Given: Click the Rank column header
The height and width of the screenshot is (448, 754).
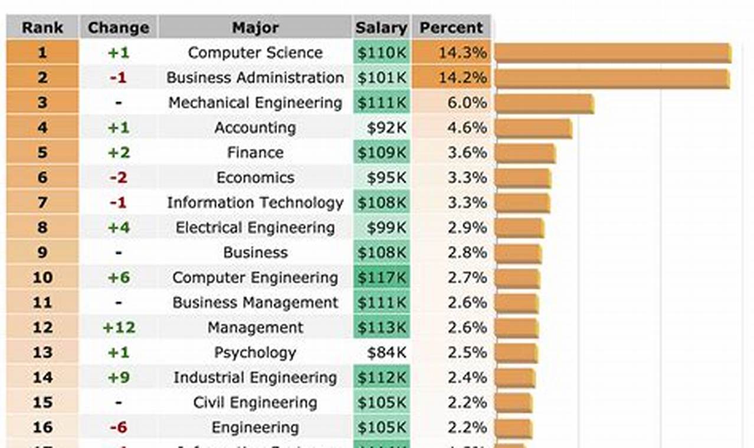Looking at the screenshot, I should point(42,28).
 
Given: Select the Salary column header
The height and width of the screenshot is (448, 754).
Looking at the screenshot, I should point(381,28).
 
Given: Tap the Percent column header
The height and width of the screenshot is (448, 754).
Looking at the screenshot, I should point(451,28).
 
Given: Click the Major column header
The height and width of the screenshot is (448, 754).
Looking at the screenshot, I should point(255,28).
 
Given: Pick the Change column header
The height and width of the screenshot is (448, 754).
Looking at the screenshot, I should point(118,28).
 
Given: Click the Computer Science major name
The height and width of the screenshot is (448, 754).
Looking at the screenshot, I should point(255,52).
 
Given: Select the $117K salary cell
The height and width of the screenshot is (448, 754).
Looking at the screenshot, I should point(382,278).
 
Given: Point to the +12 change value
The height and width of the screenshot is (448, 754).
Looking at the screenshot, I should point(119,328).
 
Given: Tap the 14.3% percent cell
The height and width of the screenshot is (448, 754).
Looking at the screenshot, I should point(452,52).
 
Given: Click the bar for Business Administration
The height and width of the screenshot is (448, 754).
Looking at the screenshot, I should point(612,78).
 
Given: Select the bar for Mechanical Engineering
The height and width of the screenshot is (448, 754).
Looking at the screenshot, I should point(544,104).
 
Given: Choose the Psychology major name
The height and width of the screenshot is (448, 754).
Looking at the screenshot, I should point(255,353).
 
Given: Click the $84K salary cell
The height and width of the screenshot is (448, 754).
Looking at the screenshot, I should point(386,353).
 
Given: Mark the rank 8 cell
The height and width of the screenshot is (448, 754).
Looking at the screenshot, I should point(42,228).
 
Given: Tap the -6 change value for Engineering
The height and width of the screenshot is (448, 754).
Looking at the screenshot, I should point(119,427).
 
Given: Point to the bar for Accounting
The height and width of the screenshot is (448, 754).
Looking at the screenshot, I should point(533,129).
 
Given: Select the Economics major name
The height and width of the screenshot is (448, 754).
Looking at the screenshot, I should point(255,177).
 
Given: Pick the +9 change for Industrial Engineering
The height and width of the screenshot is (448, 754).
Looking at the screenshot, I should point(119,377).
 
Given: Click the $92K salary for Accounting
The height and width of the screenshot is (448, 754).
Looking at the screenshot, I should point(386,128).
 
